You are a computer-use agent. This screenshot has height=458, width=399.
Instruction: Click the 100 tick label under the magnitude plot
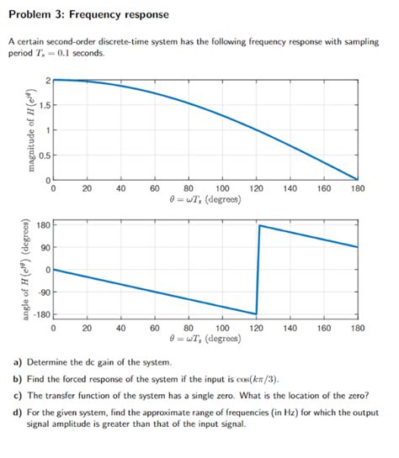click(x=223, y=189)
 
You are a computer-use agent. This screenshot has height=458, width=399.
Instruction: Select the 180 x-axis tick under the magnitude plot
click(x=357, y=189)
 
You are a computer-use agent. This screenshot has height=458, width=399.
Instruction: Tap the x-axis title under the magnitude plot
click(x=205, y=200)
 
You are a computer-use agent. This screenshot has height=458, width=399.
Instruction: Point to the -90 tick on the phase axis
click(x=43, y=292)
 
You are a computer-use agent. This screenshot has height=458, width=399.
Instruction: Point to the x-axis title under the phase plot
click(x=205, y=339)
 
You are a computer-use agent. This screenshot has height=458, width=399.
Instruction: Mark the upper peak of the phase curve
click(x=258, y=225)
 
